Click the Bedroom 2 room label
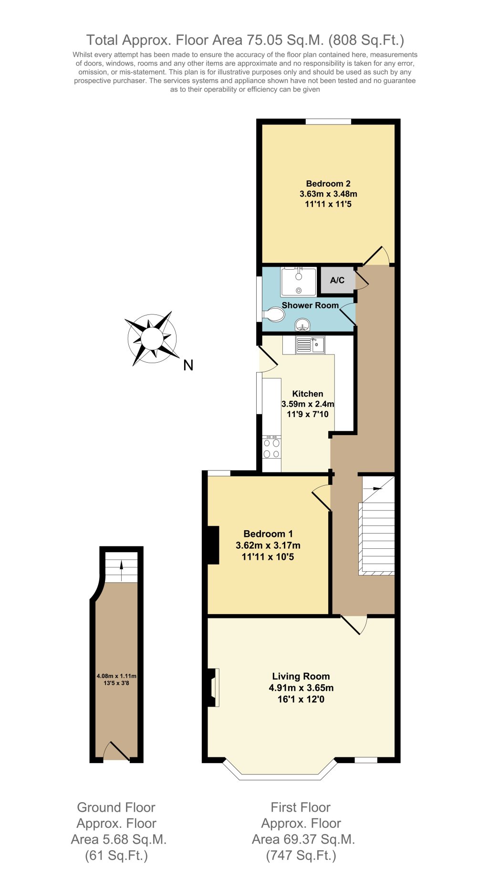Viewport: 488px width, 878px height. (328, 184)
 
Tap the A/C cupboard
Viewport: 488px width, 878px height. (337, 280)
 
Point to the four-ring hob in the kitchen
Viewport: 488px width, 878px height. (271, 448)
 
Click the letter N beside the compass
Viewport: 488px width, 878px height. (188, 366)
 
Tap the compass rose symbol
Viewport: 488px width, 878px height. (152, 338)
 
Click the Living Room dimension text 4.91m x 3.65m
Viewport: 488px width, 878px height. (301, 688)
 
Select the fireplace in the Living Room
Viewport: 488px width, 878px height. (214, 687)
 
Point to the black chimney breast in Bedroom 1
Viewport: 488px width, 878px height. (213, 545)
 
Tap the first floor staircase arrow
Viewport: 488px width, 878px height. (377, 489)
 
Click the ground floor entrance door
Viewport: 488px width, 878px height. (116, 752)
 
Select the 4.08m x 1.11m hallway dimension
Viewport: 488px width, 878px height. (116, 676)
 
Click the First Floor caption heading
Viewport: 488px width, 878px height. (301, 807)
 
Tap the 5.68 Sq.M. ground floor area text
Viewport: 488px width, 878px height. (119, 839)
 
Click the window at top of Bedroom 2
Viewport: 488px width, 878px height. (328, 121)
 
